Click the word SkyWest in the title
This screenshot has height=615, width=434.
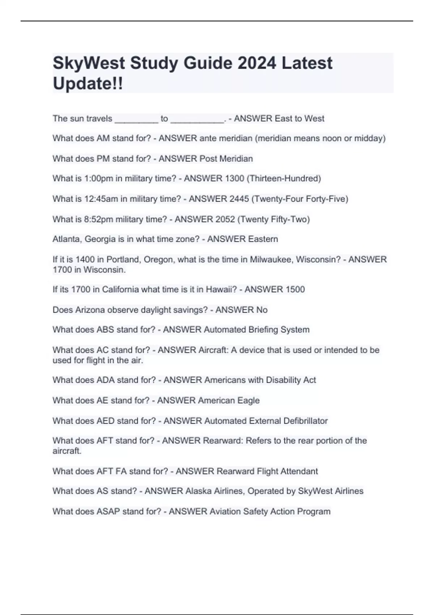pyautogui.click(x=89, y=63)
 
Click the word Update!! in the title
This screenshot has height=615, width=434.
pyautogui.click(x=88, y=84)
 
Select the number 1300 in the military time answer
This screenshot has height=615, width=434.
pyautogui.click(x=234, y=178)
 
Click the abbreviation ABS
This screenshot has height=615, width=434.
pyautogui.click(x=105, y=330)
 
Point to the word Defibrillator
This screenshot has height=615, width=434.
pyautogui.click(x=306, y=421)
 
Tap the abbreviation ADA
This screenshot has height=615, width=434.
pyautogui.click(x=106, y=380)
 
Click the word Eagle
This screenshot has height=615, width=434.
pyautogui.click(x=248, y=400)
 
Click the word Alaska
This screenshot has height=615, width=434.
pyautogui.click(x=198, y=491)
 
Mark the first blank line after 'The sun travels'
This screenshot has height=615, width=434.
pyautogui.click(x=136, y=119)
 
